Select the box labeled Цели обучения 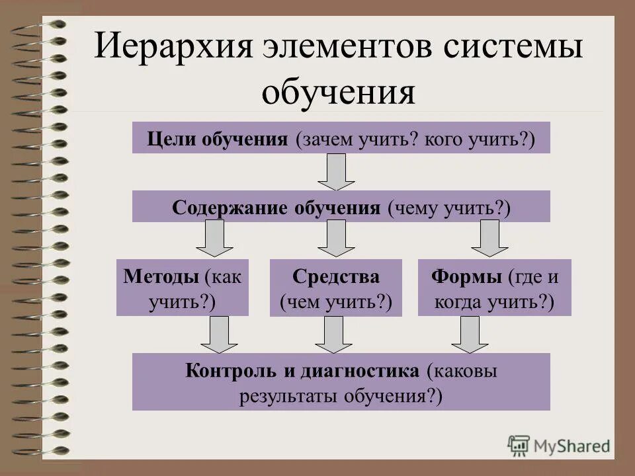click(x=341, y=138)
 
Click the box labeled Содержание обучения click(x=341, y=206)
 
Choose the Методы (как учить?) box click(x=183, y=288)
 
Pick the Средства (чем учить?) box click(x=336, y=288)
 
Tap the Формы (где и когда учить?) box click(x=494, y=288)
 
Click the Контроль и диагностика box click(x=341, y=381)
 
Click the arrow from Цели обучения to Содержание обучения click(x=336, y=172)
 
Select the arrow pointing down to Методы click(x=214, y=239)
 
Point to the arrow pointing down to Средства click(x=336, y=239)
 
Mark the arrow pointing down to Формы click(x=489, y=239)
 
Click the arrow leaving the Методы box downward click(x=219, y=335)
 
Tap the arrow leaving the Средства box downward click(x=333, y=335)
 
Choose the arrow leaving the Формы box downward click(x=470, y=335)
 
